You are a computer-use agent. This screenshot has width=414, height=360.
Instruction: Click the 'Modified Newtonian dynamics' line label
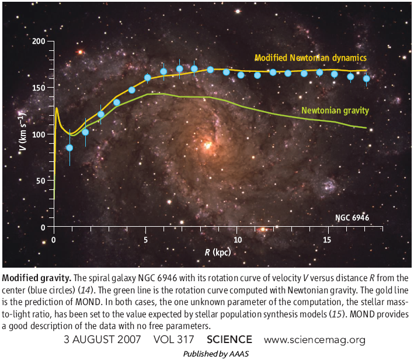[x=310, y=58]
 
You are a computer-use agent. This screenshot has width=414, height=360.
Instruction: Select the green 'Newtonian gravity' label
[x=335, y=110]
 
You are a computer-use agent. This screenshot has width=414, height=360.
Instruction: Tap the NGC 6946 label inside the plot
[x=352, y=219]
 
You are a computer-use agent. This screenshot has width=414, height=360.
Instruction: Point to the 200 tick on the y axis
[x=39, y=41]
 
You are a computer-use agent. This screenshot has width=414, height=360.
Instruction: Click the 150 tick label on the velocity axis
[x=39, y=88]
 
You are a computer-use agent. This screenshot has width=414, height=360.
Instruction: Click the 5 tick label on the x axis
[x=145, y=240]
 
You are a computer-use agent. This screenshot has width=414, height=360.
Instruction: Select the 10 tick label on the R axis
[x=237, y=240]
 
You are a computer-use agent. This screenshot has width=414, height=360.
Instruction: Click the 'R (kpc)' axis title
[x=218, y=252]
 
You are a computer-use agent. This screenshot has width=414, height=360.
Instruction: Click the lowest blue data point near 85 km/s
[x=69, y=148]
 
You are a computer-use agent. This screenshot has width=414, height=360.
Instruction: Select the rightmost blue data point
[x=367, y=78]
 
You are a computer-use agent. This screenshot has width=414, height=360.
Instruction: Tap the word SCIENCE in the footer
[x=229, y=340]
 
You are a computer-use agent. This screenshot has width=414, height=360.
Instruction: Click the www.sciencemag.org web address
[x=315, y=340]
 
